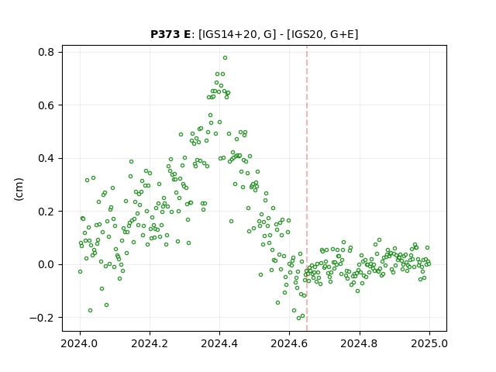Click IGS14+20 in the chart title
(x=228, y=34)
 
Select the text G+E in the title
(x=342, y=34)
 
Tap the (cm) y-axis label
(x=19, y=189)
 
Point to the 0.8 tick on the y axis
(x=46, y=52)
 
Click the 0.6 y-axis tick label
(x=46, y=105)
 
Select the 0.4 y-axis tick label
(x=46, y=158)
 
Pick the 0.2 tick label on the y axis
(x=46, y=212)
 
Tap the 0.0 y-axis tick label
(x=46, y=264)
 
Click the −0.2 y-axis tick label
(x=42, y=318)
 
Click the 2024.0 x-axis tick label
(x=80, y=343)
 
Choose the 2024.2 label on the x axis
(x=150, y=343)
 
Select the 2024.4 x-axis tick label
(x=219, y=343)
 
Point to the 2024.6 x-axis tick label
(x=289, y=343)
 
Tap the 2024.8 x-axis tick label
(x=360, y=343)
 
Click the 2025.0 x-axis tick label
(x=429, y=343)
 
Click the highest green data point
(x=225, y=58)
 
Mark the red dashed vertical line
(x=307, y=188)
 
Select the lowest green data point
(x=298, y=318)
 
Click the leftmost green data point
(x=80, y=271)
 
